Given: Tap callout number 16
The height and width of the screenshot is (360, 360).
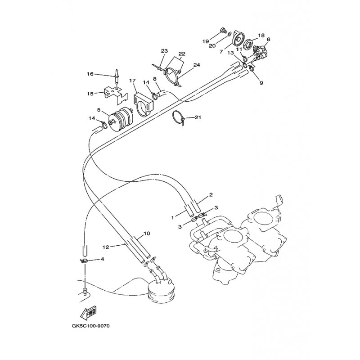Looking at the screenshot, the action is click(90, 74).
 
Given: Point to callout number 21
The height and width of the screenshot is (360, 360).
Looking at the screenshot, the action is click(198, 117).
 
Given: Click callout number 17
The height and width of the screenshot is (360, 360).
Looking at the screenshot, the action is click(132, 81).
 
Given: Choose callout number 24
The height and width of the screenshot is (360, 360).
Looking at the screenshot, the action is click(197, 65).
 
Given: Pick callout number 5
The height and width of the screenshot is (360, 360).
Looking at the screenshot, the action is click(99, 110).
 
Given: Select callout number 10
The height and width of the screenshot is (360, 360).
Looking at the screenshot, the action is click(147, 234).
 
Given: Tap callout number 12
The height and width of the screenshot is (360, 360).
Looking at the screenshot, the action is click(106, 247).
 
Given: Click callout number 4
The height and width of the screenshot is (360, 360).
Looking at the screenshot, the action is click(102, 259).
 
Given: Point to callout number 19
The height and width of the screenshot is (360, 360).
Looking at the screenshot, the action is click(206, 41).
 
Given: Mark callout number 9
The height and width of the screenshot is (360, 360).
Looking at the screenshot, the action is click(261, 83).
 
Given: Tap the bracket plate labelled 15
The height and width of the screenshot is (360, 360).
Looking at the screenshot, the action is click(116, 94).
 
